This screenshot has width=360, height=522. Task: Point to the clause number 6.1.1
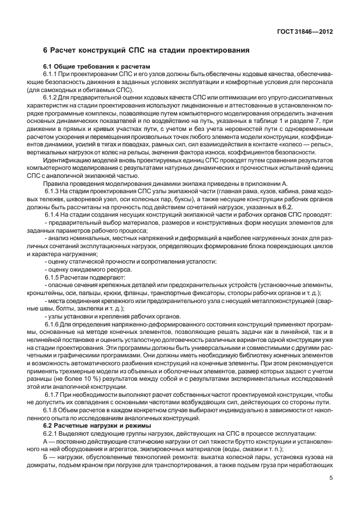pos(52,75)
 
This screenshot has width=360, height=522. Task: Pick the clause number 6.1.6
pos(52,324)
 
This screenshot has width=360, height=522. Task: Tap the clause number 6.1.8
pos(52,410)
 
